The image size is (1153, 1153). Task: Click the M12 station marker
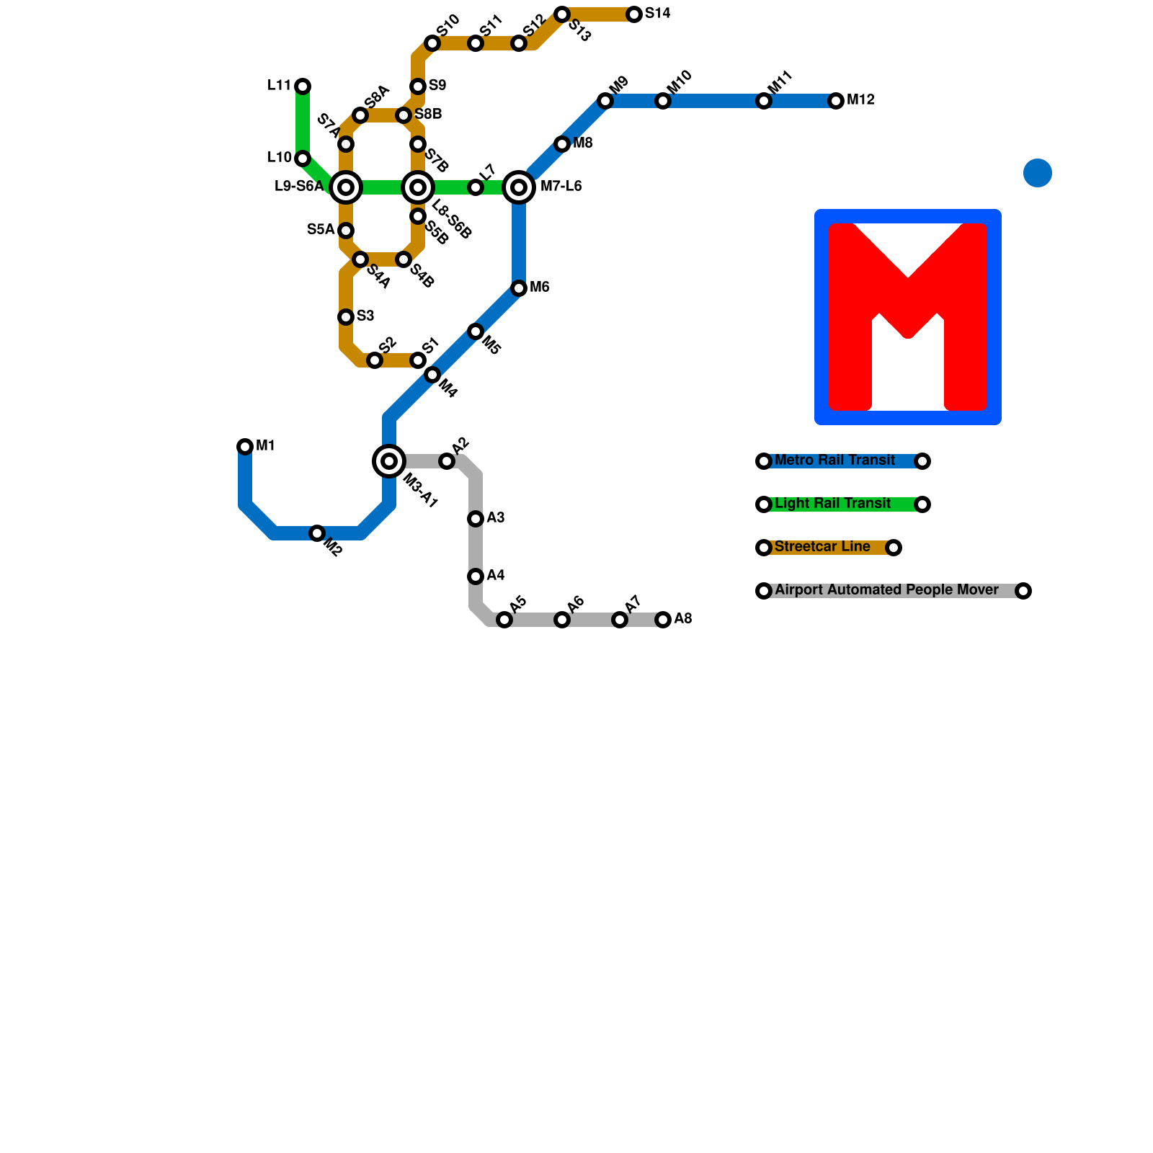(x=836, y=101)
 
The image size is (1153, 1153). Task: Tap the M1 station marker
(x=245, y=447)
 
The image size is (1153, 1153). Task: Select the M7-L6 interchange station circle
(x=519, y=187)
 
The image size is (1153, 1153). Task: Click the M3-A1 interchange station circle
(x=389, y=461)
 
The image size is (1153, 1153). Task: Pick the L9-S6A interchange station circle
(x=346, y=187)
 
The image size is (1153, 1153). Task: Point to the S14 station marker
(x=634, y=14)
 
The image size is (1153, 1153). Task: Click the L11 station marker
(x=303, y=86)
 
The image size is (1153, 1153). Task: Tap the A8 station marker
(x=663, y=620)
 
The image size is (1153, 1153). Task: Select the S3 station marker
(x=346, y=317)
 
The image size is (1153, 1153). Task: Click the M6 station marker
(x=519, y=288)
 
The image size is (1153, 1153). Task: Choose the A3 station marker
(x=476, y=519)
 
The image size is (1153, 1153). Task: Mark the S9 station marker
(x=418, y=86)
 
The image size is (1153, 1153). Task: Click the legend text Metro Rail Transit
(x=834, y=460)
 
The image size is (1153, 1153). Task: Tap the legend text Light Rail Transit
(x=832, y=504)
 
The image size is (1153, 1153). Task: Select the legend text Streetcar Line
(x=822, y=547)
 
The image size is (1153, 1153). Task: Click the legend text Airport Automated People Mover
(x=886, y=590)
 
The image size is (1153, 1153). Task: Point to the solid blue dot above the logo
(x=1038, y=173)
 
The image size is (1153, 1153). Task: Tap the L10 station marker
(x=303, y=159)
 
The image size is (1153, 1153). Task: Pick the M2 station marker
(x=317, y=533)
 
